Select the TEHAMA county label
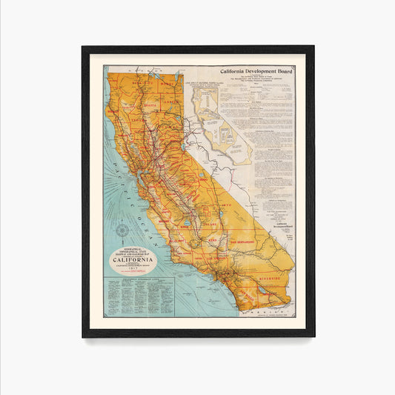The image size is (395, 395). click(x=136, y=119)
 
